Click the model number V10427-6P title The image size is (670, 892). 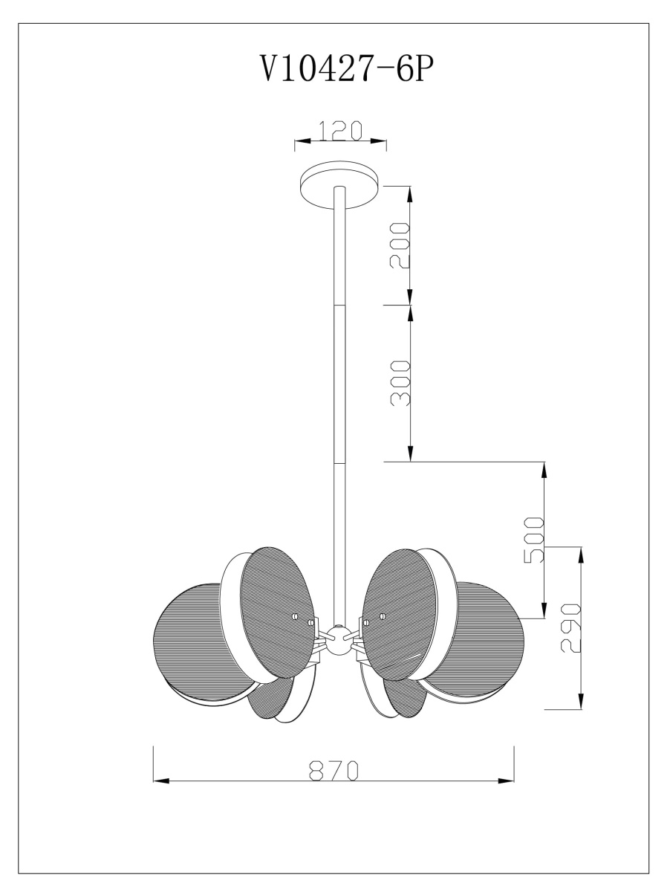[344, 71]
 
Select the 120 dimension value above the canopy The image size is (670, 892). [340, 130]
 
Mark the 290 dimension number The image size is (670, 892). [571, 627]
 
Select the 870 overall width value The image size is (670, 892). [334, 770]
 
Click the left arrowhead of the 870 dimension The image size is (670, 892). [160, 781]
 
